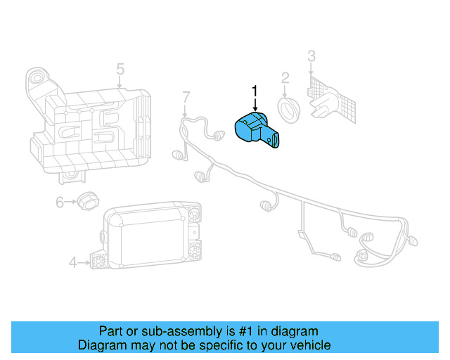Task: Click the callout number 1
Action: (x=255, y=91)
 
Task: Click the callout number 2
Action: (x=285, y=77)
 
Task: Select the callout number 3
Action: (x=311, y=56)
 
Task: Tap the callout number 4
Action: (x=72, y=263)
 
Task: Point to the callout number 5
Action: (x=120, y=69)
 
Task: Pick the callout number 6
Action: (x=60, y=202)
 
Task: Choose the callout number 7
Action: (x=186, y=96)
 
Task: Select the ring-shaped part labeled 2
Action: (x=288, y=110)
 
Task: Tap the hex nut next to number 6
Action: (x=85, y=200)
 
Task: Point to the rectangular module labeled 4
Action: (x=148, y=236)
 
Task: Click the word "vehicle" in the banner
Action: (x=309, y=345)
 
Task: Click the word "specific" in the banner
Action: (x=215, y=345)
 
